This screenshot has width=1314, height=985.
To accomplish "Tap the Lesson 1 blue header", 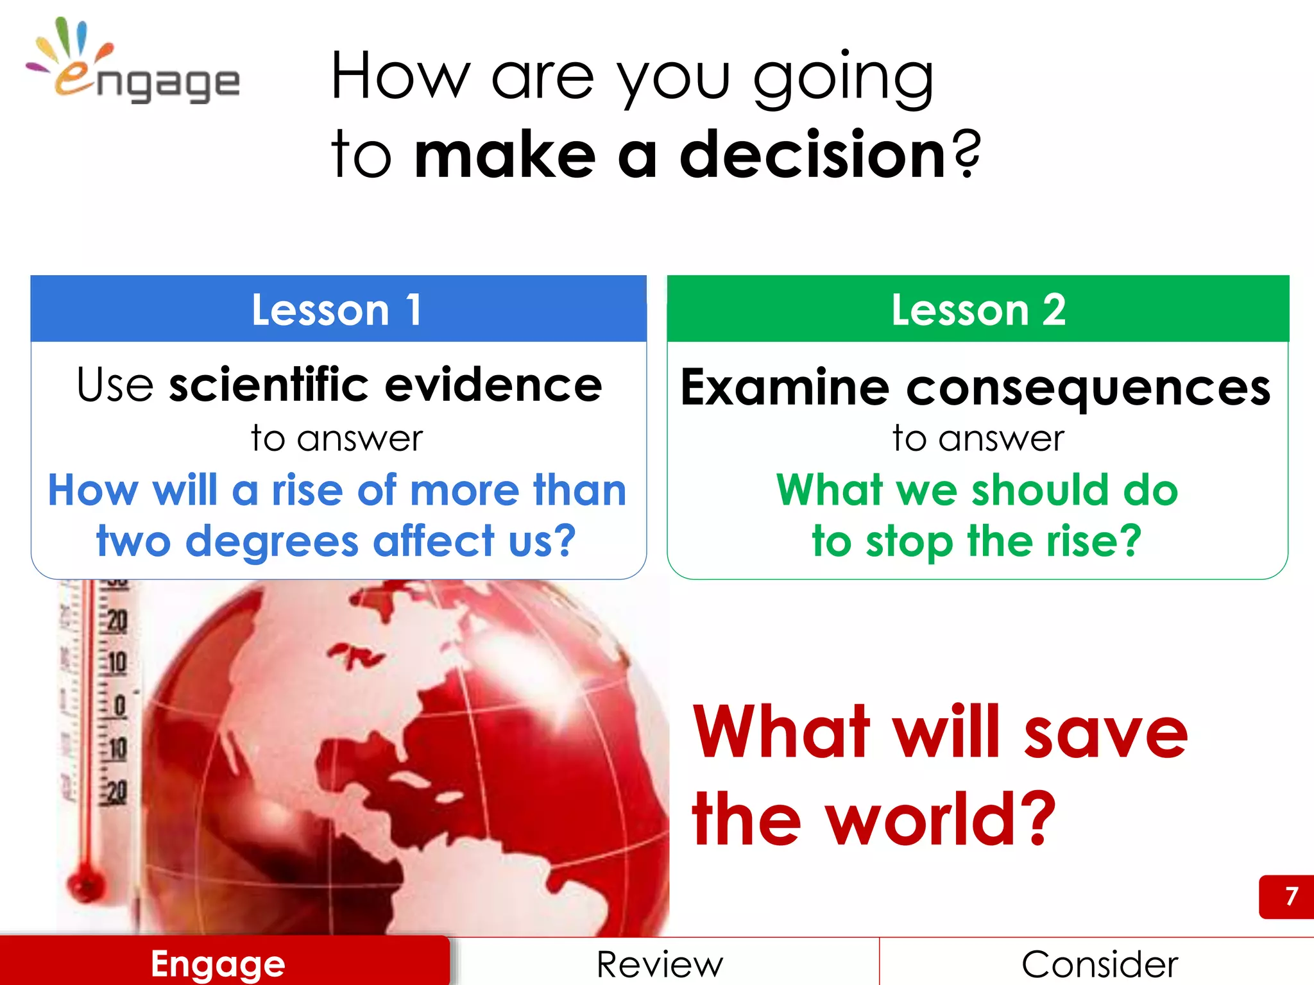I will click(338, 309).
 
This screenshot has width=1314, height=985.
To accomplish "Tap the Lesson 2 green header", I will click(977, 309).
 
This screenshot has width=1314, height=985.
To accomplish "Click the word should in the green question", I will click(1039, 490).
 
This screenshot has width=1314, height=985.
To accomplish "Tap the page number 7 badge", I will click(1290, 896).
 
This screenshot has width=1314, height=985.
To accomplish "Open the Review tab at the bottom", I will click(660, 964).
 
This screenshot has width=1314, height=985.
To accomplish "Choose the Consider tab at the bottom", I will click(1099, 964).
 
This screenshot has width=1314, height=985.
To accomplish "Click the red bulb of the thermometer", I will click(85, 884).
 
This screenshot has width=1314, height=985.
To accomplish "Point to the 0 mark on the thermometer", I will click(119, 706).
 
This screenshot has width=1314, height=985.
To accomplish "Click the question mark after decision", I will click(966, 154).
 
